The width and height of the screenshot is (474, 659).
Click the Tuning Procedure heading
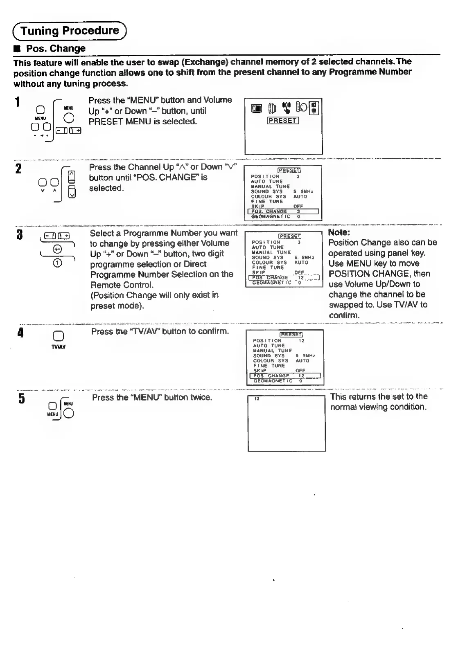click(70, 31)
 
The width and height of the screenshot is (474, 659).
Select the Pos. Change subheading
click(56, 48)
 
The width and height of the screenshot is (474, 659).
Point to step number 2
click(18, 169)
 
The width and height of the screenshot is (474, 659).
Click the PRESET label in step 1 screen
click(283, 120)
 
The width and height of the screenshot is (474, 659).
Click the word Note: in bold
click(339, 232)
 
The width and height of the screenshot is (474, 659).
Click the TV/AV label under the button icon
click(59, 347)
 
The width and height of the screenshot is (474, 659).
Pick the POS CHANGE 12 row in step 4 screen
click(285, 376)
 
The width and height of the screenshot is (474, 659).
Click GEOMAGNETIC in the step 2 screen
click(270, 217)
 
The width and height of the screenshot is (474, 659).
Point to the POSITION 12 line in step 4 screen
click(278, 340)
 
